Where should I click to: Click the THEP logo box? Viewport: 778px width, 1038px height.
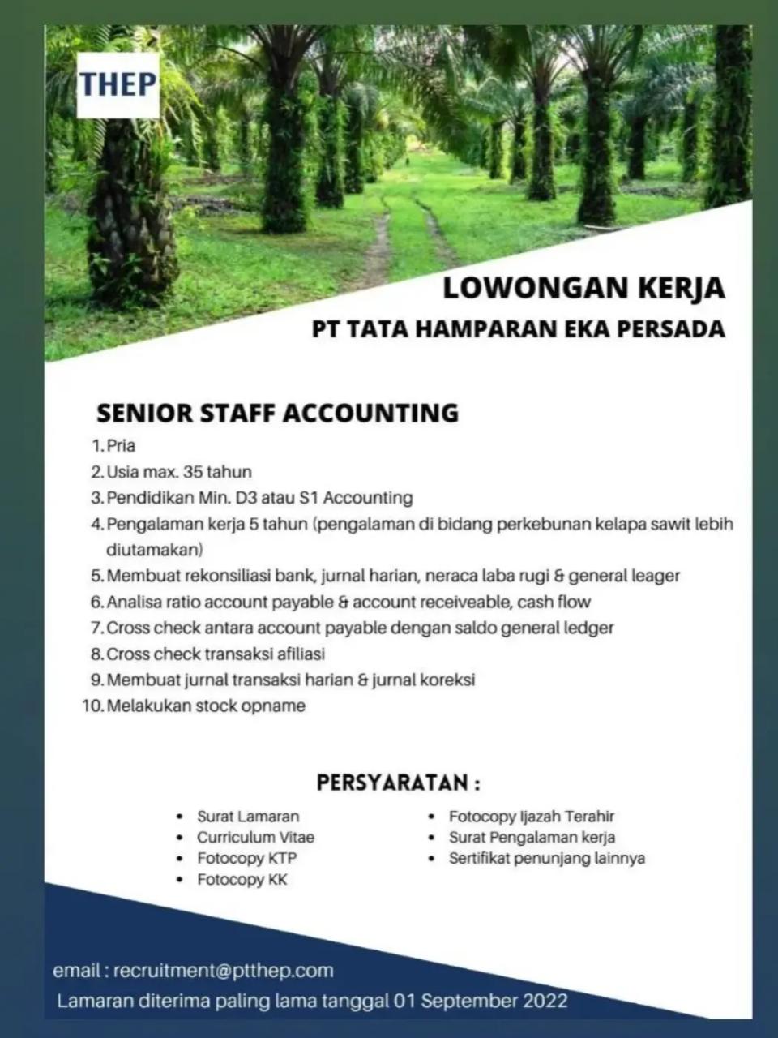[x=118, y=84]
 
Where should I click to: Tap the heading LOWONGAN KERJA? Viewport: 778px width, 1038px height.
[x=583, y=288]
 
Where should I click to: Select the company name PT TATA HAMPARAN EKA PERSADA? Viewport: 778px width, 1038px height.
[x=519, y=330]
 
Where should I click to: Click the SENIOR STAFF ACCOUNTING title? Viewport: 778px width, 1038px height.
[x=277, y=413]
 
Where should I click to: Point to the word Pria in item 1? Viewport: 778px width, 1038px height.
[x=121, y=445]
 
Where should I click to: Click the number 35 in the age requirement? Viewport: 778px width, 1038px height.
[x=194, y=471]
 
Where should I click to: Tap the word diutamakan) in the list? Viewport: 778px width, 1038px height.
[x=154, y=550]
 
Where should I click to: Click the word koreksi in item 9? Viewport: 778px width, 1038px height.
[x=447, y=680]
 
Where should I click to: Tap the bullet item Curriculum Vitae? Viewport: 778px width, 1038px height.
[x=255, y=837]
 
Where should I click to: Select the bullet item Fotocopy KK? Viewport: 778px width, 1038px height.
[x=242, y=879]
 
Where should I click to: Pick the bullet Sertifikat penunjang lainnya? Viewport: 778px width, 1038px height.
[x=547, y=858]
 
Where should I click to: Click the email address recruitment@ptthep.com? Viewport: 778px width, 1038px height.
[x=224, y=971]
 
